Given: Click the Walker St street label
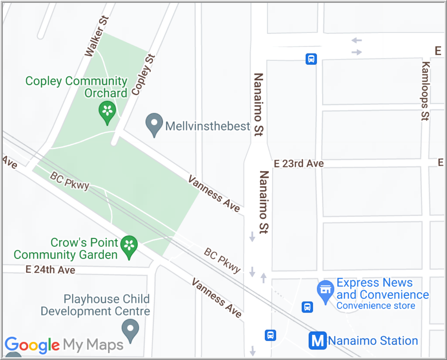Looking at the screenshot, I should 96,37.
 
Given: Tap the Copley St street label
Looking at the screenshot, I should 143,75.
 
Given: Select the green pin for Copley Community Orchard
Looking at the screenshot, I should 107,112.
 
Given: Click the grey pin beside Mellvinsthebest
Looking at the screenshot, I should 154,124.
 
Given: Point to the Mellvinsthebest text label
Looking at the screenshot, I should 208,126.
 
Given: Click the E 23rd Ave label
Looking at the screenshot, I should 299,164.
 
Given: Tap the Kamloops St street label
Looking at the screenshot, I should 425,91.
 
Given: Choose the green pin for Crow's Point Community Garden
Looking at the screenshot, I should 129,246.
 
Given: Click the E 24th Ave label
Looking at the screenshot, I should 50,270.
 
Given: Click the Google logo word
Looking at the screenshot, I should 32,345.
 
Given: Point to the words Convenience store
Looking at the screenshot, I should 376,306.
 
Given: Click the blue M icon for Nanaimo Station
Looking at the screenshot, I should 318,340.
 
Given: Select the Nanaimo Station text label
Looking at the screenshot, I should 373,341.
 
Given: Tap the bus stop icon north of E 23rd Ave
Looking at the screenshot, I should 311,59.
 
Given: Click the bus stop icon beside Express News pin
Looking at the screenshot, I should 307,307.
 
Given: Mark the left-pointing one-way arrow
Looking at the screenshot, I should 356,40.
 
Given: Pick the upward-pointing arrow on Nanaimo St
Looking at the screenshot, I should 263,278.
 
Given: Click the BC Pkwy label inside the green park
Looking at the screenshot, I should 69,181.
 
